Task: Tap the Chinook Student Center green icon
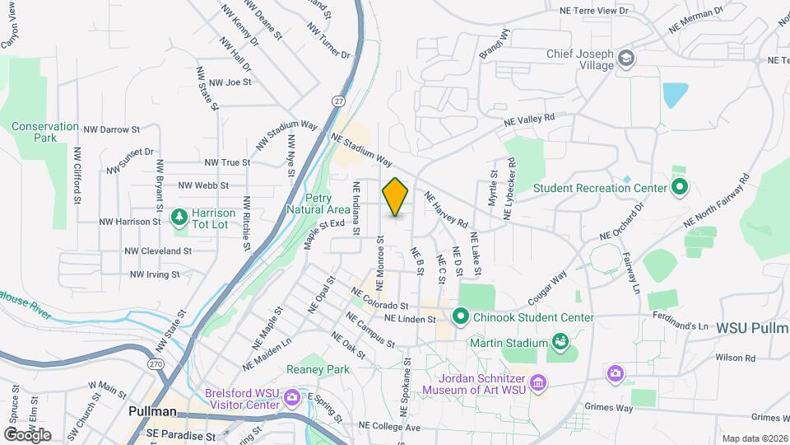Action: [x=461, y=316]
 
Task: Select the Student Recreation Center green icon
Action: [x=679, y=187]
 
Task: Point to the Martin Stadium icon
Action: [x=560, y=341]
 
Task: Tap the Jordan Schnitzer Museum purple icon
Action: [x=538, y=382]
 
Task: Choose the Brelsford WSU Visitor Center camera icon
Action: [x=291, y=400]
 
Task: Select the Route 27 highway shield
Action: [x=338, y=101]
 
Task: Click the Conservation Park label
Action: [x=45, y=132]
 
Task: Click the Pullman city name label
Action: [x=152, y=411]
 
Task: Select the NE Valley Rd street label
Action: [x=535, y=119]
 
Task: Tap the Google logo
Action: [x=26, y=434]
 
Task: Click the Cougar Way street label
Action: [x=549, y=288]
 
